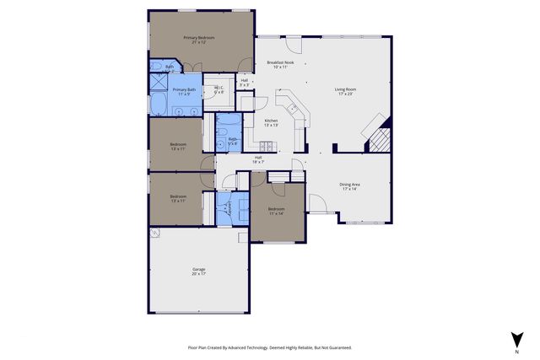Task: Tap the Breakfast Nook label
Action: coord(280,63)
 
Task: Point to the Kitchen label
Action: coord(271,121)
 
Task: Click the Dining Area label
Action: coord(350,185)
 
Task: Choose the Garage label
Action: coord(199,270)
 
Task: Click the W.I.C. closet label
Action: coord(219,89)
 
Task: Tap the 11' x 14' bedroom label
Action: coord(277,211)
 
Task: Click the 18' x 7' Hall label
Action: coord(259,159)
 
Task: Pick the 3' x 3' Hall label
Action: coord(244,82)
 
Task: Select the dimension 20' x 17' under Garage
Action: coord(199,274)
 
